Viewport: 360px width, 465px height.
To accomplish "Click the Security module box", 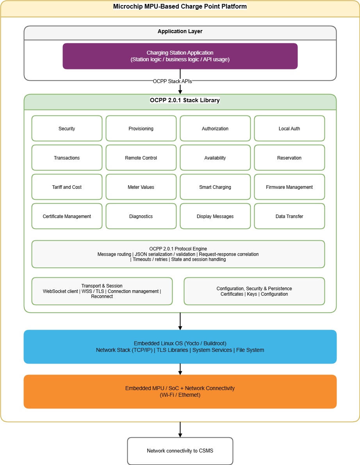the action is tap(67, 128).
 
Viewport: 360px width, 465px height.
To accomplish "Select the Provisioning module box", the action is tap(141, 128).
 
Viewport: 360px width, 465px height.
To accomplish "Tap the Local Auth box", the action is tap(289, 128).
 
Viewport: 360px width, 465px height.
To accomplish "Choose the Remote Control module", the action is tap(141, 158).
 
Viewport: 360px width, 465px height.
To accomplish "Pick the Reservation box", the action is tap(289, 158).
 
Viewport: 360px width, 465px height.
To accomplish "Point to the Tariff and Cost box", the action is tap(67, 187).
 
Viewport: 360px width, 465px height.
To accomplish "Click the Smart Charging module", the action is tap(215, 187).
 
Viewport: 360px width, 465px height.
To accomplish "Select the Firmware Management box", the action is tap(289, 187).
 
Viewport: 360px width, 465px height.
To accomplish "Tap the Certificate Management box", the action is tap(67, 216).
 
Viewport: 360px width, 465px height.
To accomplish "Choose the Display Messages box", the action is tap(215, 216).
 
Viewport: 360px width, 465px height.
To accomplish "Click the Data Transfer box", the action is tap(289, 216).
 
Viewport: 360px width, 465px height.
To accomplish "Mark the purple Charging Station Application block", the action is tap(180, 56).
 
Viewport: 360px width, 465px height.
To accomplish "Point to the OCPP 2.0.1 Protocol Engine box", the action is tap(178, 254).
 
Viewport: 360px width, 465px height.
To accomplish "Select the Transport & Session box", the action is tap(102, 291).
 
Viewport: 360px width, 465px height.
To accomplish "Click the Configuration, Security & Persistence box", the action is tap(254, 291).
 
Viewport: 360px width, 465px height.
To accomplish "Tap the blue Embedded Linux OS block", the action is tap(180, 347).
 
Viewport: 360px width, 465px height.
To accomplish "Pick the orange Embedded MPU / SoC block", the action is tap(180, 391).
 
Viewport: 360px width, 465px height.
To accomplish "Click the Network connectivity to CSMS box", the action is tap(180, 451).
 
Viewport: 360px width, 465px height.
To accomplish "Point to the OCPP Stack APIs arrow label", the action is tap(173, 81).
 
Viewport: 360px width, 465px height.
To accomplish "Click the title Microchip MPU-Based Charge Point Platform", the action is tap(180, 6).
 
